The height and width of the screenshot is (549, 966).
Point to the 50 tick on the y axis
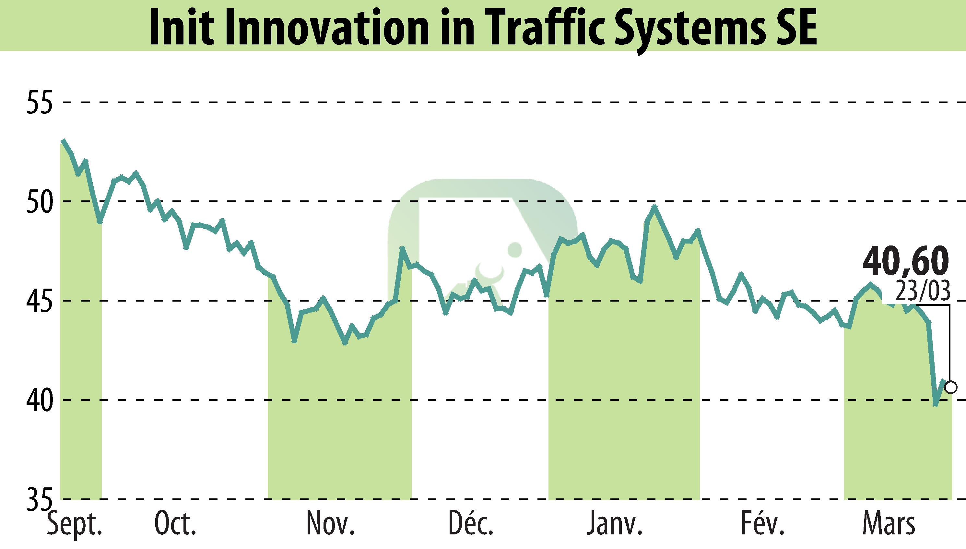coord(39,201)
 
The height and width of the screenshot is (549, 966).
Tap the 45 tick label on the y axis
coord(39,301)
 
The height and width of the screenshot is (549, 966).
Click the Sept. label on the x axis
coord(75,524)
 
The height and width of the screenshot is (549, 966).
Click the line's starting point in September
coord(63,140)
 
